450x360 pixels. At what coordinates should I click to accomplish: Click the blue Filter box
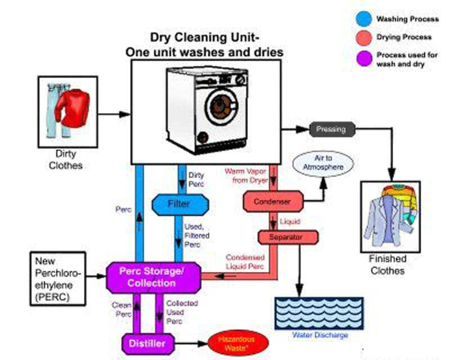179,204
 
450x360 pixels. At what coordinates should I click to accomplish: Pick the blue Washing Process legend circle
363,18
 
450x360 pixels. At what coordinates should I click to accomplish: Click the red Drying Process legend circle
363,38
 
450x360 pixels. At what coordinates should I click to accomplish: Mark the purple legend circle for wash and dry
363,58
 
